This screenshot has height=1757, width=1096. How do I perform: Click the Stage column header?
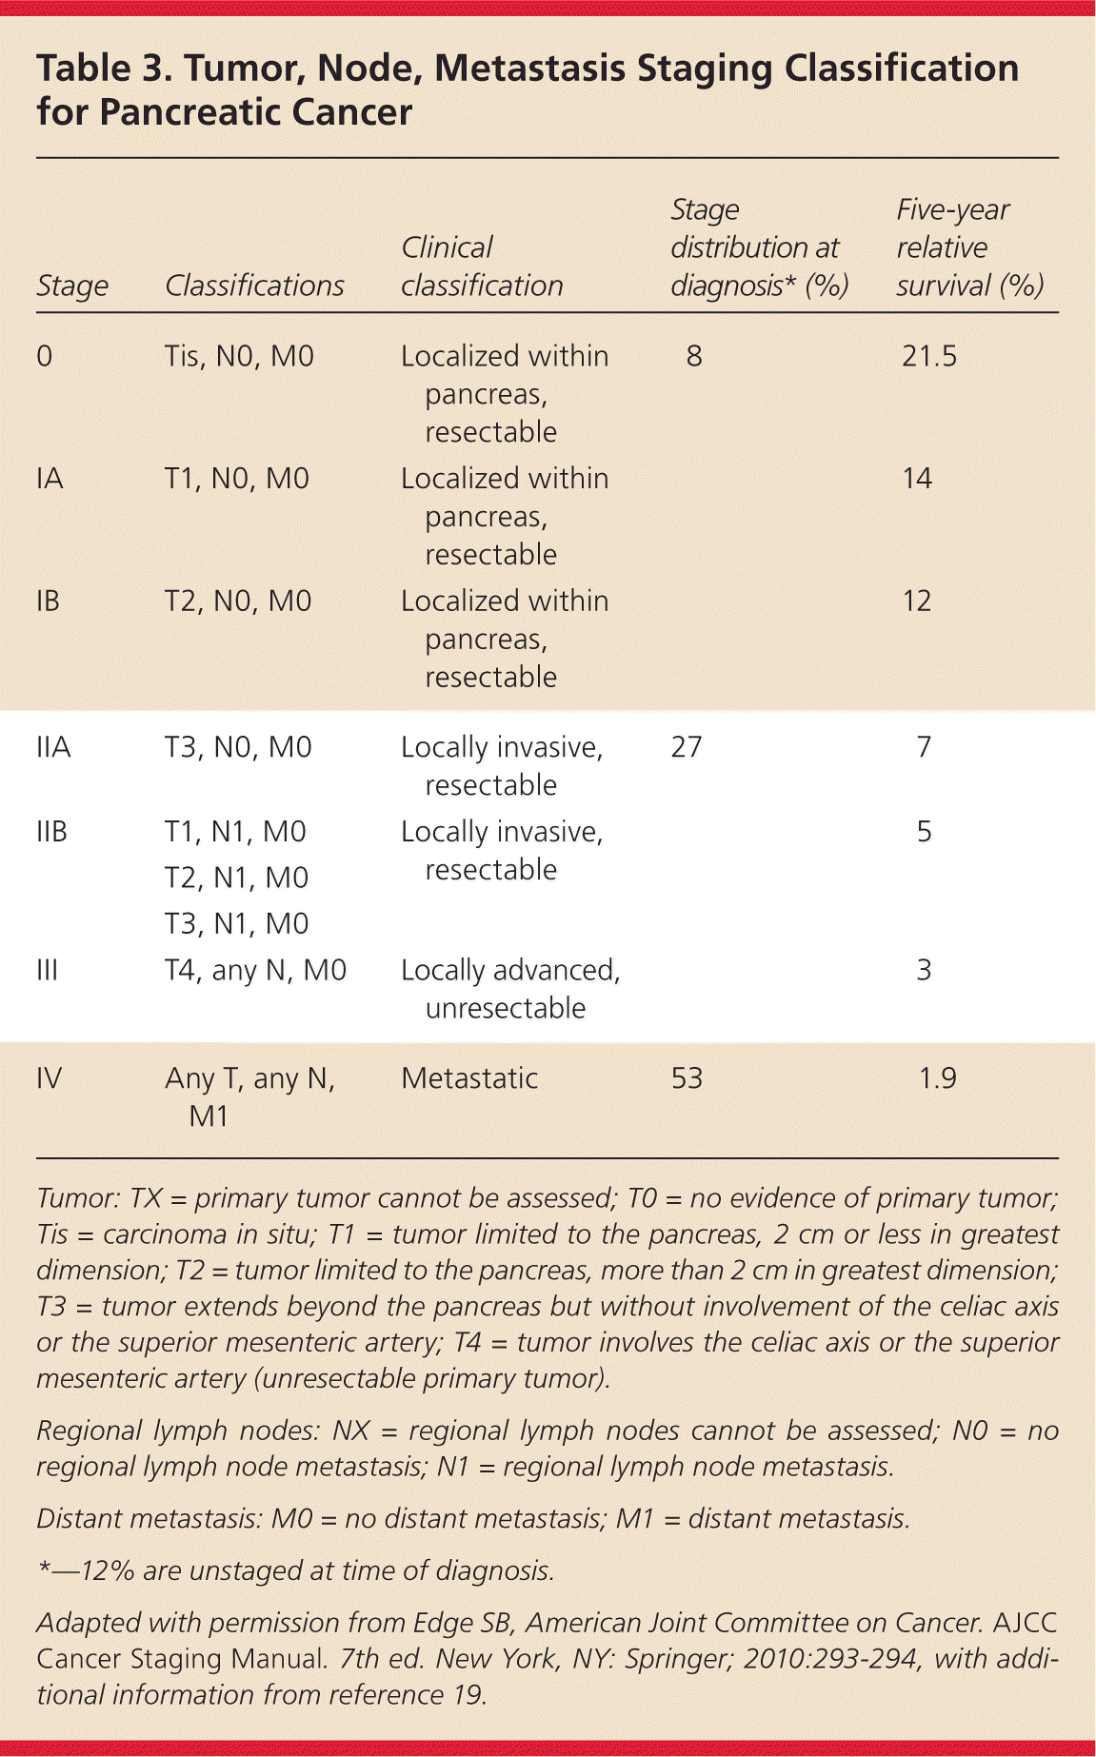click(x=72, y=286)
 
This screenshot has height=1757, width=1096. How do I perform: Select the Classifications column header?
click(x=254, y=286)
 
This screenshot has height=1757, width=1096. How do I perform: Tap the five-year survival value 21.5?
click(x=928, y=356)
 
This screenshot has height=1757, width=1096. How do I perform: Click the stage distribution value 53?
click(x=687, y=1077)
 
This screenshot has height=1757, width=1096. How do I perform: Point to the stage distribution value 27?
click(x=687, y=746)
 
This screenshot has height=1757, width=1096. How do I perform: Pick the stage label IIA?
click(x=53, y=747)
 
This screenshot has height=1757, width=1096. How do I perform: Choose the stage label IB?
click(x=48, y=601)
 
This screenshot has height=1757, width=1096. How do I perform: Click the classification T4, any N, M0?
click(x=255, y=970)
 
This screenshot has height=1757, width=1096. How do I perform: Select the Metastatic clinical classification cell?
click(x=469, y=1077)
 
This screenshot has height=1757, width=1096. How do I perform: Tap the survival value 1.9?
click(x=937, y=1077)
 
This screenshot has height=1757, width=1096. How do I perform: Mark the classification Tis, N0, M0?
click(x=239, y=356)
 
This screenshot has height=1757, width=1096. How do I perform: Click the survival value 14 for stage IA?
click(x=917, y=478)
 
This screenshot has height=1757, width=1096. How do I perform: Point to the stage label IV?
click(x=49, y=1077)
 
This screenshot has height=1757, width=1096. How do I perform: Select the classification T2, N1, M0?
click(x=236, y=877)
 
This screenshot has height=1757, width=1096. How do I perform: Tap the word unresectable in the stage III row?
click(x=505, y=1008)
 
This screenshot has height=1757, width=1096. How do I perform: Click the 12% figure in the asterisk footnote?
click(x=108, y=1569)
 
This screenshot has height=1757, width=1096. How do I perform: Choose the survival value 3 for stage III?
click(x=924, y=970)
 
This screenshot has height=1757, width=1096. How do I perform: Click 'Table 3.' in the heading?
click(x=105, y=69)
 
